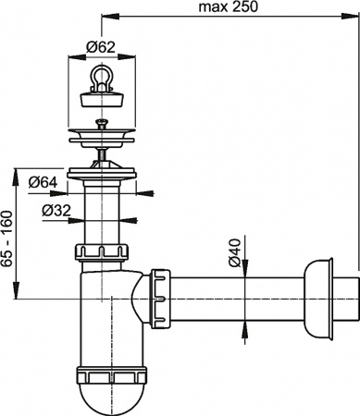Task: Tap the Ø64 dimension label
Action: click(43, 182)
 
